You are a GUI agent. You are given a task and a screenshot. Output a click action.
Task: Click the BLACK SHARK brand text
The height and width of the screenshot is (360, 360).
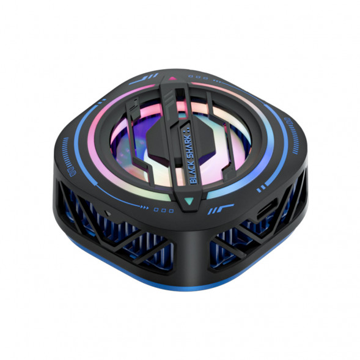[192, 158]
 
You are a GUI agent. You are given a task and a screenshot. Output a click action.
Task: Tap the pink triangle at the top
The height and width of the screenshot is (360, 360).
[172, 78]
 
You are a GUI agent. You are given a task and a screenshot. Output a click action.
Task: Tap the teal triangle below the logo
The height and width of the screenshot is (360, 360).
[189, 201]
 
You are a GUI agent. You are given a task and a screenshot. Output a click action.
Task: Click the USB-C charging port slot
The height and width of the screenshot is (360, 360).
[266, 209]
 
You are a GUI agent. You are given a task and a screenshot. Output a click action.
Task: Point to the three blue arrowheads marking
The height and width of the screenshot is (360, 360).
[145, 208]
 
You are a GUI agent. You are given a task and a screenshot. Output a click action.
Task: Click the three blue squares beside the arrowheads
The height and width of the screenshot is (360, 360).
[164, 210]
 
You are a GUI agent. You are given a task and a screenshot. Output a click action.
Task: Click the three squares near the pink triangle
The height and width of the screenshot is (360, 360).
[198, 78]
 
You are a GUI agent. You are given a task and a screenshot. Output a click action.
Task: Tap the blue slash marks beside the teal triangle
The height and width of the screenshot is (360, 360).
[221, 208]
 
